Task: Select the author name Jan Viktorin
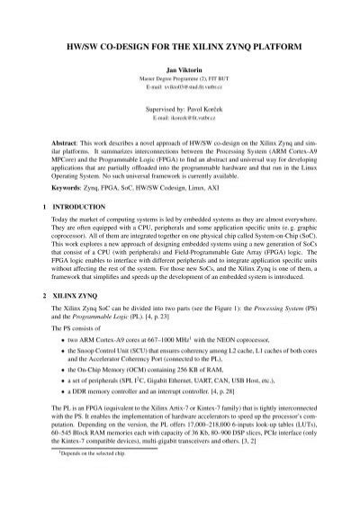180,67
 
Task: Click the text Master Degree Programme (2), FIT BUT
180,76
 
